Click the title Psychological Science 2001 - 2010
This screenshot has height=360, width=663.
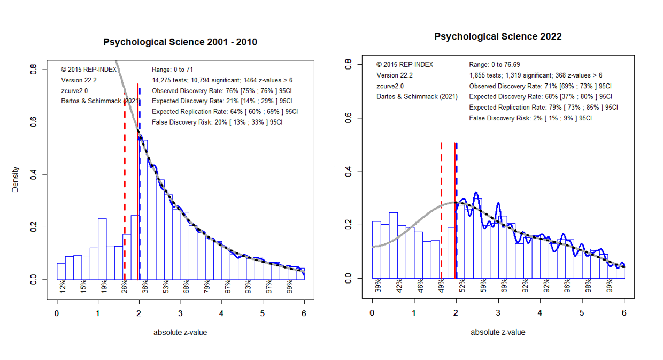180,42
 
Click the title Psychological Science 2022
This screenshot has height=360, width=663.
498,36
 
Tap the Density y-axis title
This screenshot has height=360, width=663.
15,179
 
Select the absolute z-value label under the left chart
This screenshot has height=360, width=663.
180,333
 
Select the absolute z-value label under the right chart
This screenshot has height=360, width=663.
498,332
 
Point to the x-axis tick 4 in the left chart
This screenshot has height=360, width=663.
221,313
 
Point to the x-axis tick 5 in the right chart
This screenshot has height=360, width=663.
582,312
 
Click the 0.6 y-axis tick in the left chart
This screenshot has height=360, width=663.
34,121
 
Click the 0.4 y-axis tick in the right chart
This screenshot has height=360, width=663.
349,171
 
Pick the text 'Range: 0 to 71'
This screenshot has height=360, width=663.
172,70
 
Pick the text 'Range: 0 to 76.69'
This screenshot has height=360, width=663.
494,65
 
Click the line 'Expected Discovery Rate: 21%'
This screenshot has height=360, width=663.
222,101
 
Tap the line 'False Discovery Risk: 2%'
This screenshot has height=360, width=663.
530,118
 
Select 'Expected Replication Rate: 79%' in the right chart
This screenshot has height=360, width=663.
543,107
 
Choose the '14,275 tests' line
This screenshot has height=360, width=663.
222,80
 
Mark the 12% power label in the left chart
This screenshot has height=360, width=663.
63,286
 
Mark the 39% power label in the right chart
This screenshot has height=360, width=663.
378,286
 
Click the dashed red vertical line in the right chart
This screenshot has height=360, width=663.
441,211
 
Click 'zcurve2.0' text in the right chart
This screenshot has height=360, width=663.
390,86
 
